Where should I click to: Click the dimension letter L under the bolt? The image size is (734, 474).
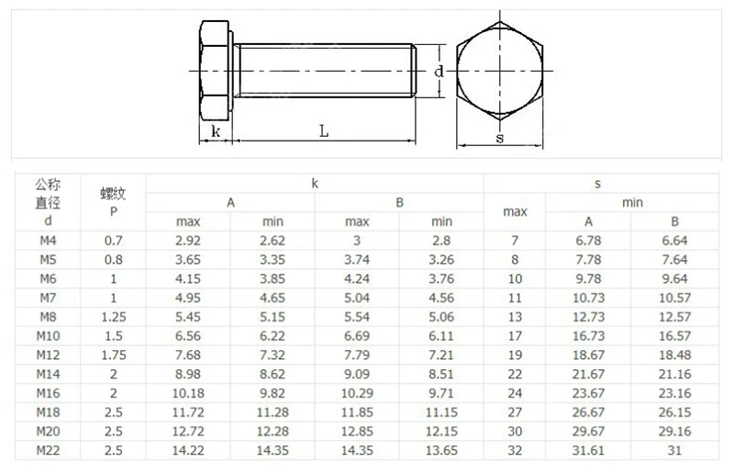pyautogui.click(x=324, y=130)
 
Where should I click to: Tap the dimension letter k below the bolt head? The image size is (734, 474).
pyautogui.click(x=216, y=131)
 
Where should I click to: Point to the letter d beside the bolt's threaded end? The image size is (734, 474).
pyautogui.click(x=439, y=72)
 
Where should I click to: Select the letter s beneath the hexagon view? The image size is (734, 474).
pyautogui.click(x=500, y=139)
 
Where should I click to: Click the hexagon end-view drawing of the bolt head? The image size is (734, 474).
pyautogui.click(x=500, y=71)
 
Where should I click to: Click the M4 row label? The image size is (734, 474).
pyautogui.click(x=48, y=241)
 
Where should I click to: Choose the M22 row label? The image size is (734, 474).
pyautogui.click(x=48, y=450)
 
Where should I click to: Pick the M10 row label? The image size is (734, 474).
pyautogui.click(x=48, y=335)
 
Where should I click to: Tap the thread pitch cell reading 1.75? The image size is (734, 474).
pyautogui.click(x=113, y=355)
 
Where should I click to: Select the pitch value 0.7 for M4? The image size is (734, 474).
pyautogui.click(x=113, y=241)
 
